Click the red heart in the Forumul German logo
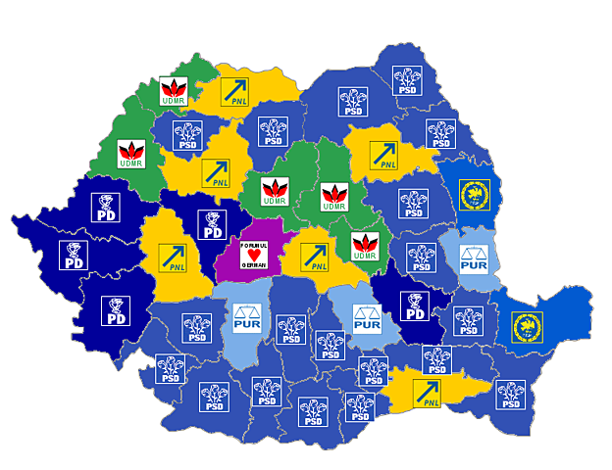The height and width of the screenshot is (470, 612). click(253, 256)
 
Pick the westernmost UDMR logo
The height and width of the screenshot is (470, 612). click(130, 155)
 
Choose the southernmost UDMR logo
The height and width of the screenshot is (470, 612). click(364, 248)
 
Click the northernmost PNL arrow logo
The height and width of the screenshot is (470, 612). click(234, 91)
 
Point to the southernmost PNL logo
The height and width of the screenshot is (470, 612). click(426, 393)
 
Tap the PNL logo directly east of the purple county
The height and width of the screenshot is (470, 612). click(314, 258)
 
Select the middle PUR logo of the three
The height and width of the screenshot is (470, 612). click(366, 318)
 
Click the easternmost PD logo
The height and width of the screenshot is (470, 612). click(415, 308)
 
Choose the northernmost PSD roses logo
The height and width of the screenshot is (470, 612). click(407, 80)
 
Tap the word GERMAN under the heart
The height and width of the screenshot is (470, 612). click(253, 268)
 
